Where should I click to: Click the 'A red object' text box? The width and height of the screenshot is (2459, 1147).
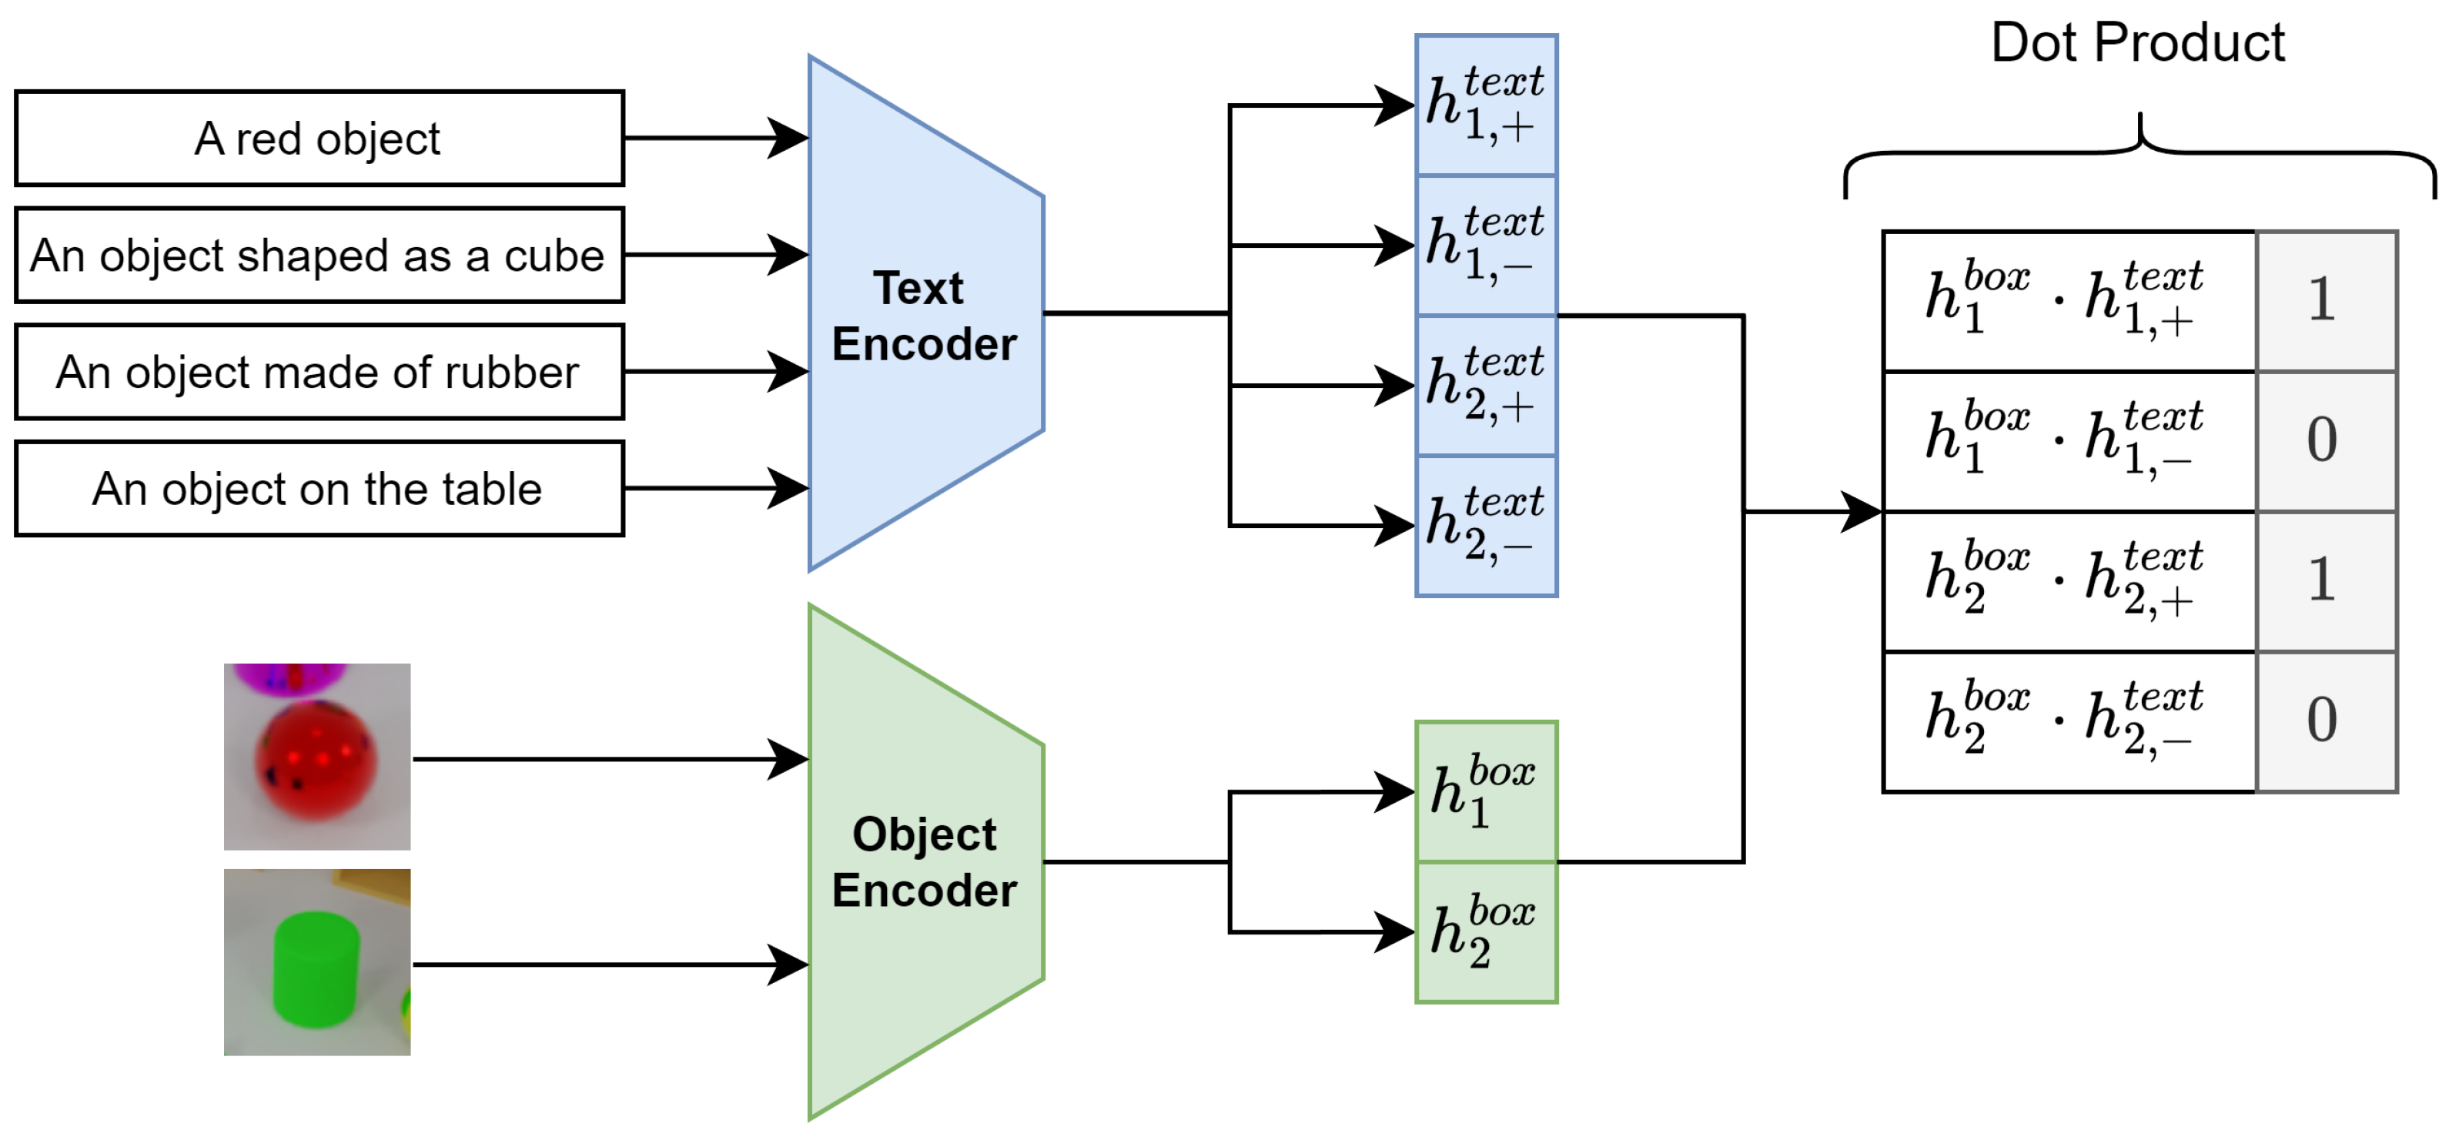319,139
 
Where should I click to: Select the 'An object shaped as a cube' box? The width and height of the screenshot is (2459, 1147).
319,255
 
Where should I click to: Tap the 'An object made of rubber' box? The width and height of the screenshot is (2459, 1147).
319,372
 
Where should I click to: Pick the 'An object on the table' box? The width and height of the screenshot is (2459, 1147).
319,489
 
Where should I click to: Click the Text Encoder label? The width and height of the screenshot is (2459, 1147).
923,316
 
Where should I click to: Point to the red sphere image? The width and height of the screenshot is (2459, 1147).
317,757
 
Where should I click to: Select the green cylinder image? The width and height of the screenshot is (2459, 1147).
317,962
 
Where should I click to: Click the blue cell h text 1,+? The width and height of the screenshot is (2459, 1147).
1485,105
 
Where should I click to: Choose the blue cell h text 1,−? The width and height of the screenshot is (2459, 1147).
1485,246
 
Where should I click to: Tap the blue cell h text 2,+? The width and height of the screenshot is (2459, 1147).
1485,386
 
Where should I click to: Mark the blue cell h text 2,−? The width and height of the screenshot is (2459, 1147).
1485,526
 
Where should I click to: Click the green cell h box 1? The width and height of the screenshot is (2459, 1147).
1485,792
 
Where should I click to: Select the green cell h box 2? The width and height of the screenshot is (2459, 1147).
1485,932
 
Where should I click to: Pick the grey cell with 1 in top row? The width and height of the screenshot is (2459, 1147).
2325,300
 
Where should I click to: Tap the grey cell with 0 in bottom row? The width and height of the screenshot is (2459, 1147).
2325,721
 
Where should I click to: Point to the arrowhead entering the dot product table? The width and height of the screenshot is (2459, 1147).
1862,511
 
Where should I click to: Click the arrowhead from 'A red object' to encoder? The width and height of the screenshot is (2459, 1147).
788,139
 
